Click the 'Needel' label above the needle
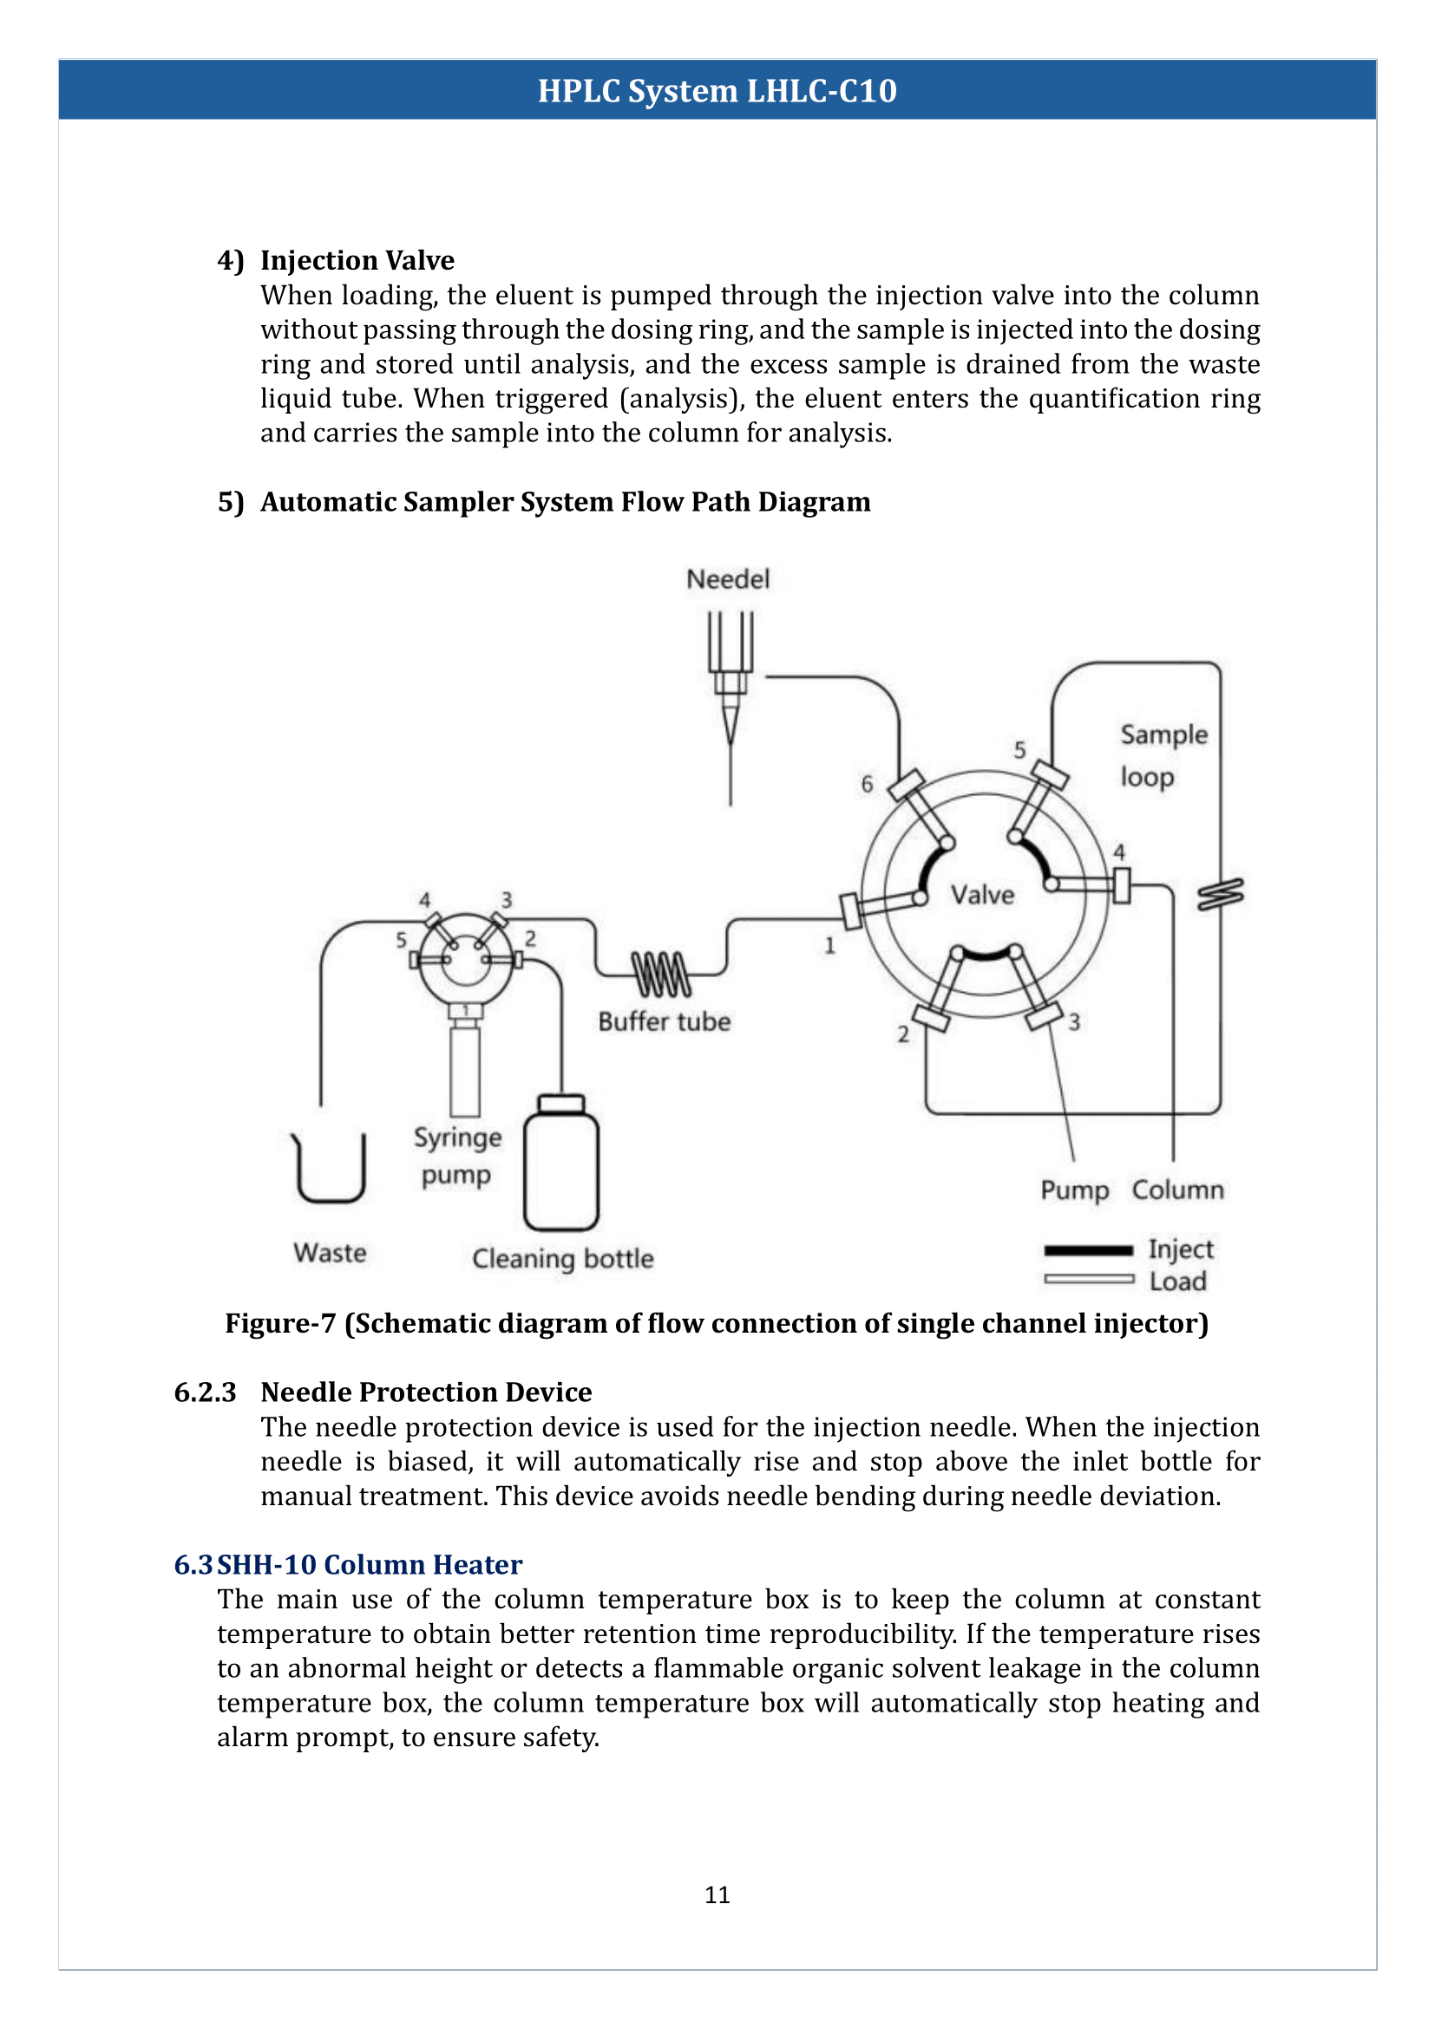[x=727, y=579]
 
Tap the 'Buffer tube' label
[x=664, y=1022]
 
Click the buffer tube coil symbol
[x=661, y=974]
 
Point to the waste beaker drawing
[x=330, y=1171]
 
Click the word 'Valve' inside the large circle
[x=982, y=895]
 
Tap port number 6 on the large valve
[x=867, y=784]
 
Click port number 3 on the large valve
[x=1073, y=1022]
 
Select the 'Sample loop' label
[x=1162, y=755]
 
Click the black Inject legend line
[x=1088, y=1250]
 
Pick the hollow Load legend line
[x=1088, y=1279]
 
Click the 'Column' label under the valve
[x=1177, y=1190]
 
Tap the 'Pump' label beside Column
[x=1073, y=1190]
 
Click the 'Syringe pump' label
[x=457, y=1155]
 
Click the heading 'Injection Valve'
[x=357, y=261]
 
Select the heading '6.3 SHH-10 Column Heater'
[x=348, y=1564]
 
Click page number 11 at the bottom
[x=717, y=1894]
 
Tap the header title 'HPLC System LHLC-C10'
[x=717, y=91]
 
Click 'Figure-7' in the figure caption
[x=280, y=1323]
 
